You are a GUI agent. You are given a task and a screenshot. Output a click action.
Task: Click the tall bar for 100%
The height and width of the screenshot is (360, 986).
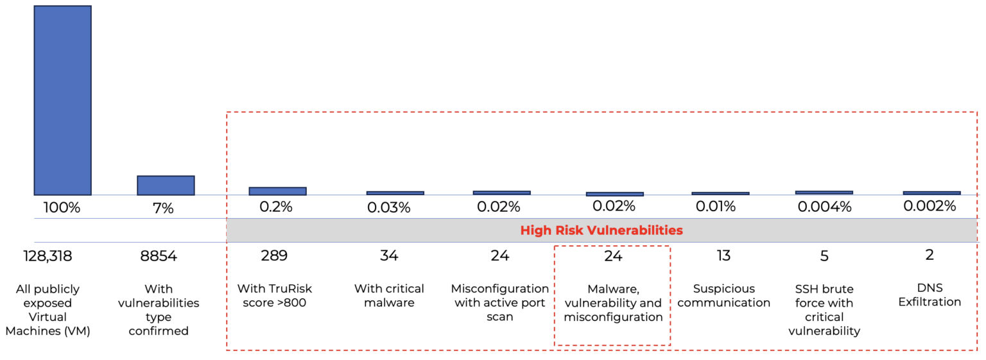[x=62, y=100]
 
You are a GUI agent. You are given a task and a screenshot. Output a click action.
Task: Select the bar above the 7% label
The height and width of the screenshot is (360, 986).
[x=166, y=185]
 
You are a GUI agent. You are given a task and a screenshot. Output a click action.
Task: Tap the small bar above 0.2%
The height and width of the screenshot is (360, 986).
[x=277, y=191]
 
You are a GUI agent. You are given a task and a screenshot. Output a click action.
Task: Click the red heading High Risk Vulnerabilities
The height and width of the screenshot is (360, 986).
[x=601, y=230]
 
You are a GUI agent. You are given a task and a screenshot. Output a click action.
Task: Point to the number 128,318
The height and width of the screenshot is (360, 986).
[x=44, y=256]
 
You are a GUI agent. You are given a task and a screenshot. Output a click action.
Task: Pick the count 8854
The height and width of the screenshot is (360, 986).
[x=159, y=256]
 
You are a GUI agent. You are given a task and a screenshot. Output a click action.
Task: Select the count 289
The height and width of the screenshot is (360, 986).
[x=274, y=255]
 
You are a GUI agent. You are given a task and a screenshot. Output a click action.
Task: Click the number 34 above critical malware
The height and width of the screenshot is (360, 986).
[x=389, y=255]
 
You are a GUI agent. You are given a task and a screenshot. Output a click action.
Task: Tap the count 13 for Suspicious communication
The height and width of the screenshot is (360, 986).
[x=723, y=255]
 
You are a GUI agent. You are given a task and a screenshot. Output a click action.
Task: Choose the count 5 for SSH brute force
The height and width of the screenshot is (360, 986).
[x=824, y=256]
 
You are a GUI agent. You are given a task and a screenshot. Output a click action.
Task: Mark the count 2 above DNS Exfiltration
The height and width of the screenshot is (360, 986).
[x=929, y=255]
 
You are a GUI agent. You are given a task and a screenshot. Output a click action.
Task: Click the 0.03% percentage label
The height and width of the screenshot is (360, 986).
[x=389, y=208]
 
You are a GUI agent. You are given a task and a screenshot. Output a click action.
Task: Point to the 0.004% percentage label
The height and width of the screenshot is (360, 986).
[x=824, y=207]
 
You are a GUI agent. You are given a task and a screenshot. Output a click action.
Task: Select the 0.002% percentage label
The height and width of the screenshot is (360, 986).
[x=930, y=206]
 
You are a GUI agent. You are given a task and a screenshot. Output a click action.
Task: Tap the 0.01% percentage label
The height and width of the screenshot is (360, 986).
[x=716, y=207]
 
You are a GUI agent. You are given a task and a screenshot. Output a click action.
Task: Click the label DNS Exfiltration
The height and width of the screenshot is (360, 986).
[x=929, y=295]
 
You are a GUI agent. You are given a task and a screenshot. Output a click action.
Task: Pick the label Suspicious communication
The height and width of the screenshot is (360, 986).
[x=723, y=296]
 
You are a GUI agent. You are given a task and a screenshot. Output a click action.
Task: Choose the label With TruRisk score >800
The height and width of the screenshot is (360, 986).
[x=275, y=296]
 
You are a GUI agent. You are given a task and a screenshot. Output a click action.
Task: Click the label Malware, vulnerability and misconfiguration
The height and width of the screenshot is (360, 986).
[x=613, y=303]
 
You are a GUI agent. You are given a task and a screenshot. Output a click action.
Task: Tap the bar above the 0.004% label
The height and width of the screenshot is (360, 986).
[x=824, y=193]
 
